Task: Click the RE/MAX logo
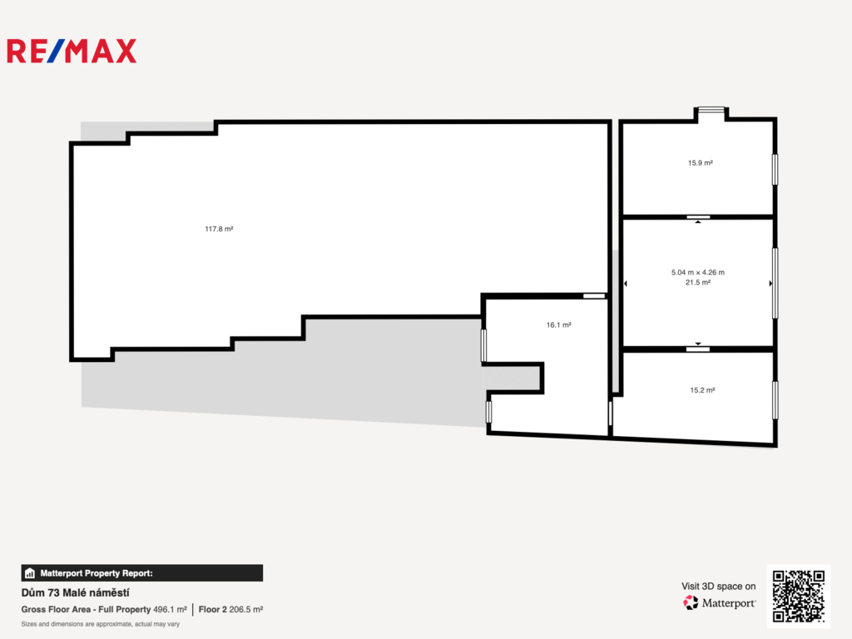coord(72,51)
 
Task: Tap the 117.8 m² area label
coord(219,229)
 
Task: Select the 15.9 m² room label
coord(701,162)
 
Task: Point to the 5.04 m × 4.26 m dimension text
coord(698,272)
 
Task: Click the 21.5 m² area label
coord(698,282)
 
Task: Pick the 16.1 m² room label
coord(558,325)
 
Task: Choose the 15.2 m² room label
coord(702,390)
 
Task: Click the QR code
coord(799,596)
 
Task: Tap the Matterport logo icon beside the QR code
coord(691,602)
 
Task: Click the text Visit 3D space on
coord(718,587)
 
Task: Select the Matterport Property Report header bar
coord(141,572)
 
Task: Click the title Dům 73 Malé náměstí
coord(76,592)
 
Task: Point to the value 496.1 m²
coord(170,610)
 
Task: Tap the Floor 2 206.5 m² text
coord(231,610)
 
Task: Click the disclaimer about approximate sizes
coord(101,624)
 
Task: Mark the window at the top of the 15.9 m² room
coord(711,110)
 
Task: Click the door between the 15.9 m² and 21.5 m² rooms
coord(698,217)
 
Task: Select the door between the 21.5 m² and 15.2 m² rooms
coord(698,349)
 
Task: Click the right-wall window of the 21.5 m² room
coord(775,283)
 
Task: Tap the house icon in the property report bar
coord(30,572)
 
